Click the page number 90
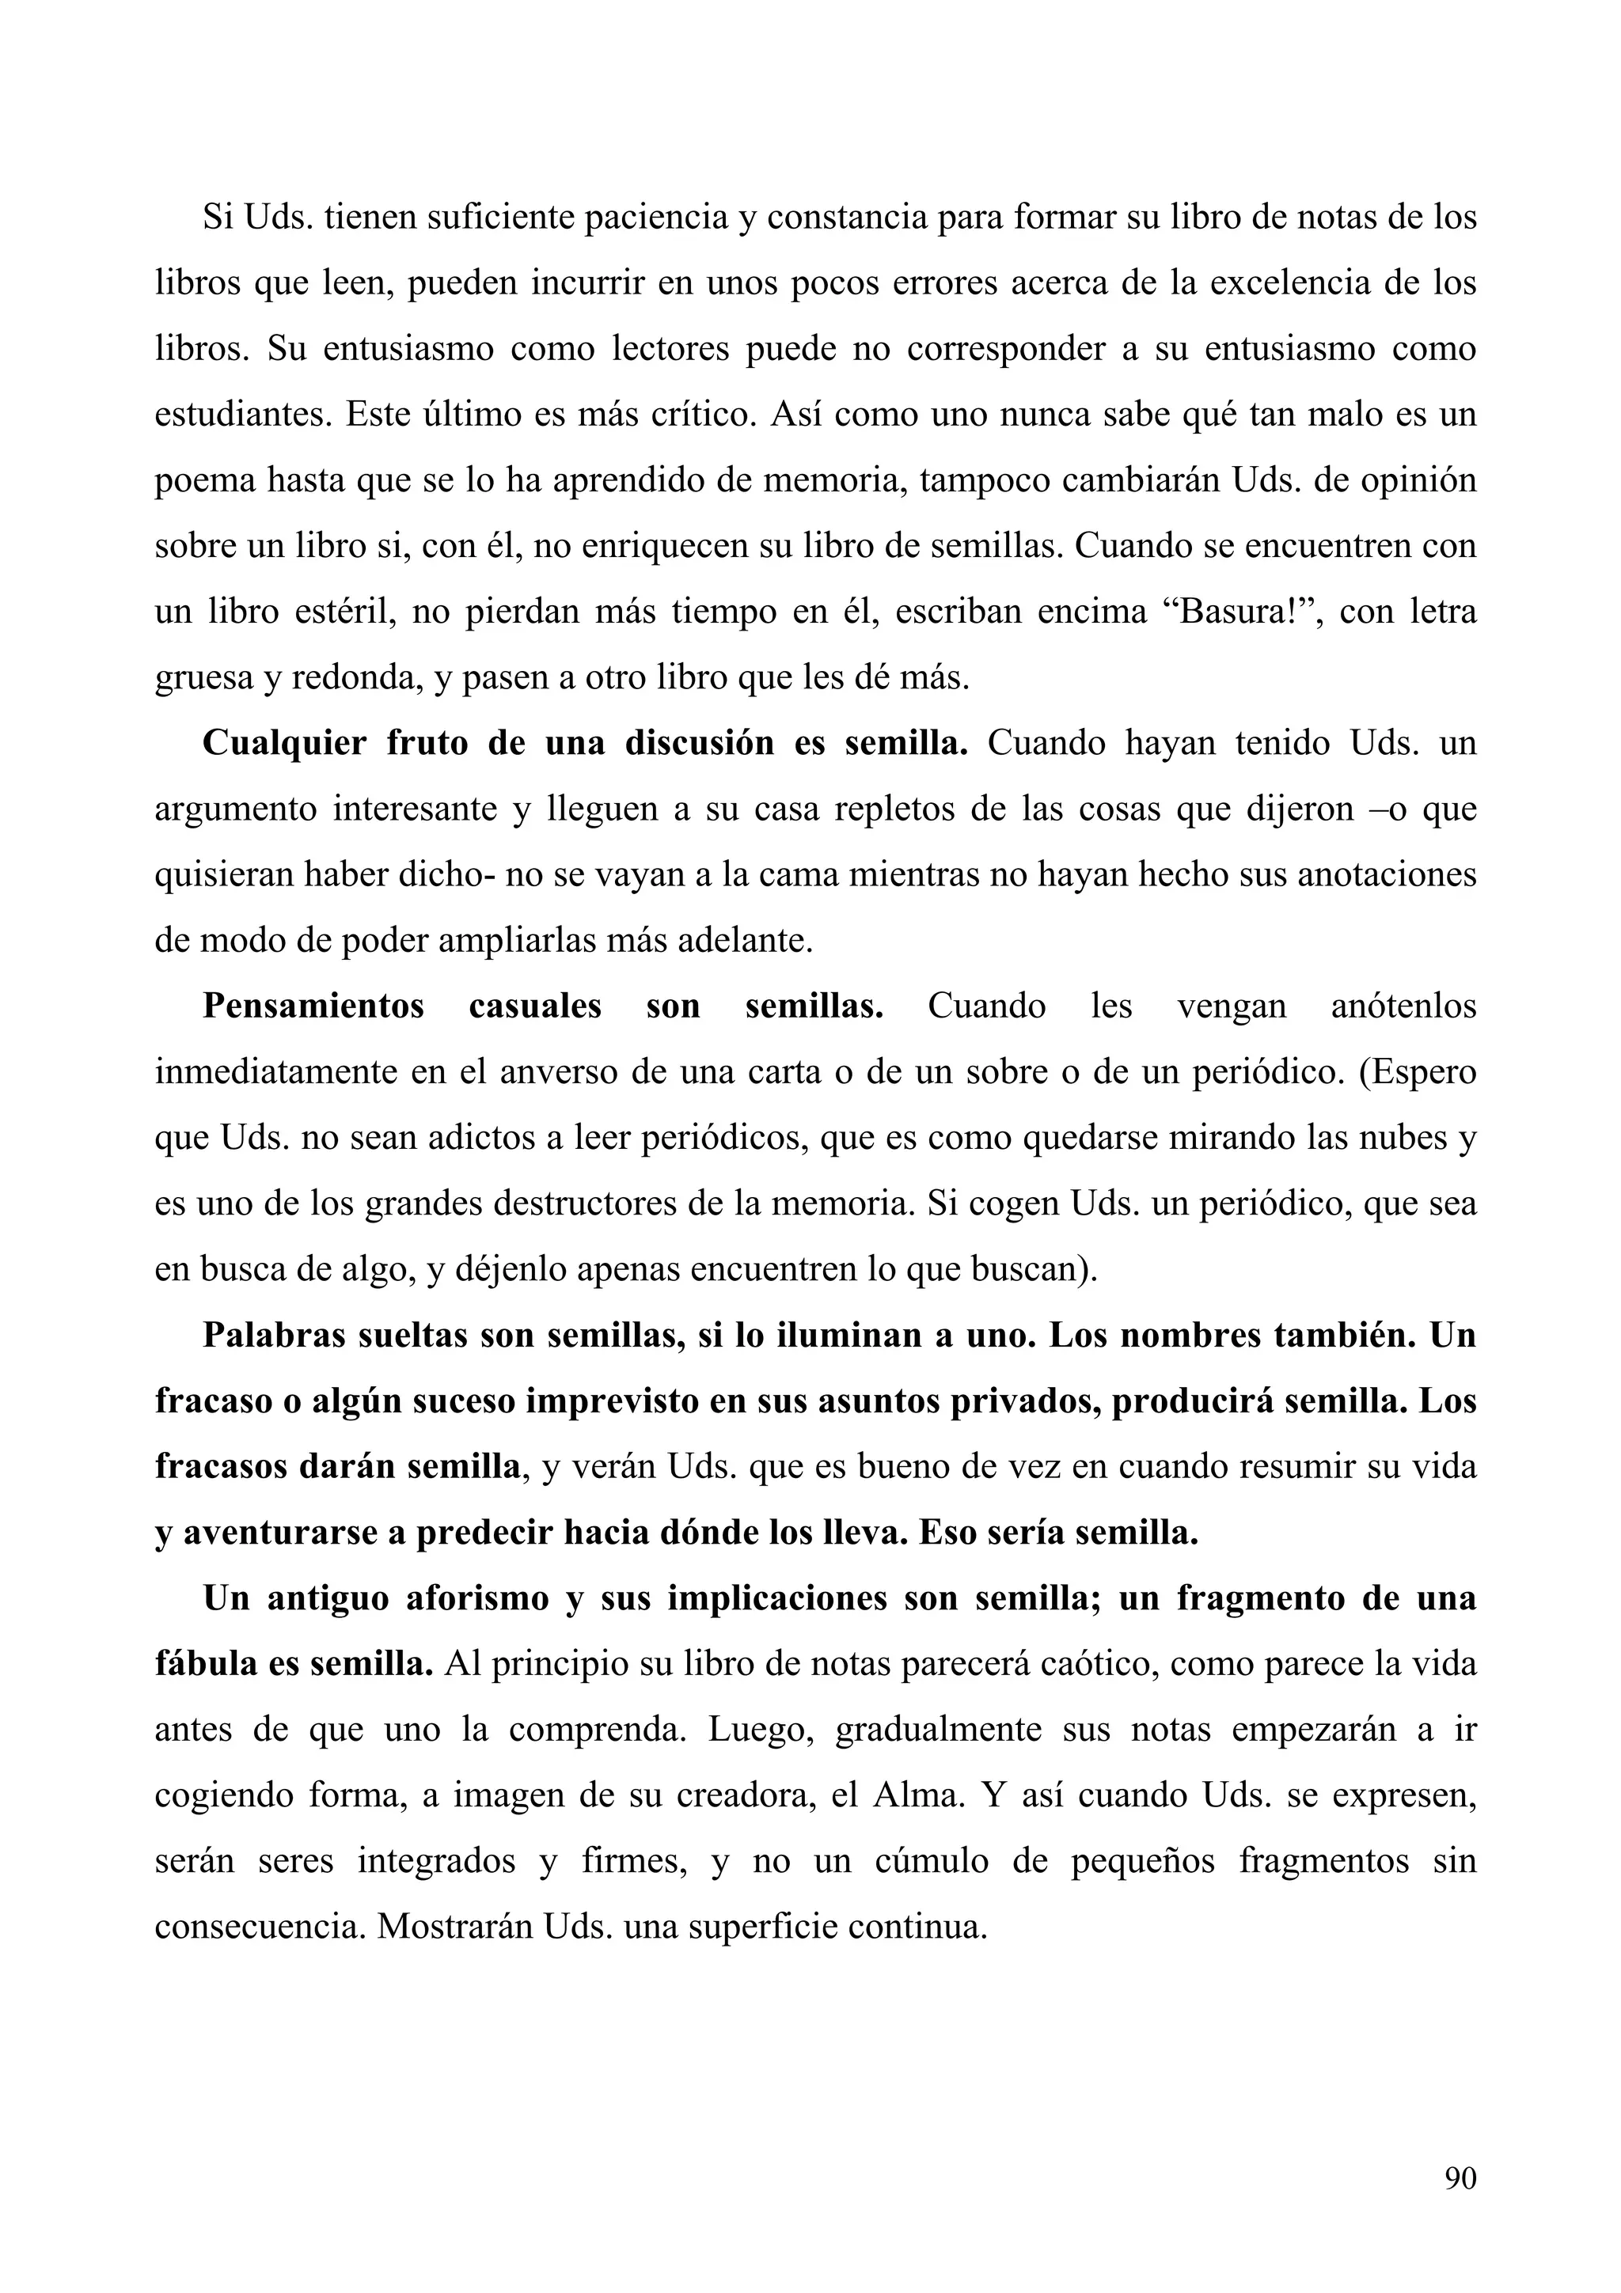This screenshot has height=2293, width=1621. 1460,2178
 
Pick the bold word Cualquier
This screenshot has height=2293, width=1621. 283,743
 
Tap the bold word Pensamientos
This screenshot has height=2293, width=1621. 313,1006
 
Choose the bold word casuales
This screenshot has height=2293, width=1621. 535,1006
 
